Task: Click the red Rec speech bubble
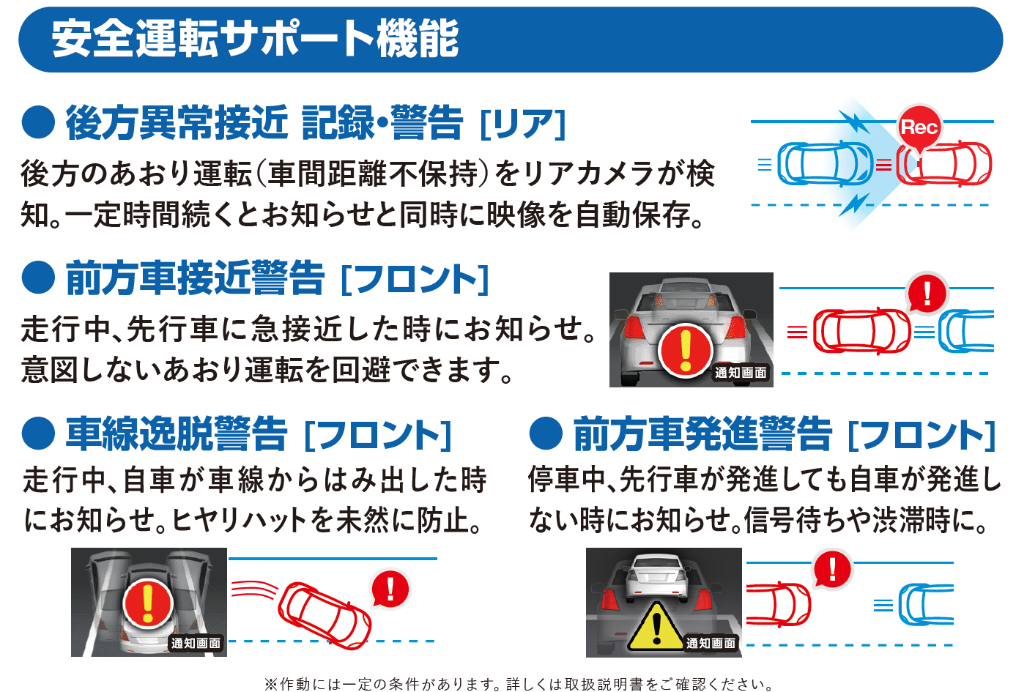tap(919, 127)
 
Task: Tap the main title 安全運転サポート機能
tap(255, 39)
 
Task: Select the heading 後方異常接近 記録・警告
tap(264, 122)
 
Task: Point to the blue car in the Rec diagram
tap(825, 163)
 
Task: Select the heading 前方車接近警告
tap(195, 278)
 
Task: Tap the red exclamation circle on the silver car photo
tap(686, 349)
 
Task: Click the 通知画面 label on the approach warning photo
tap(741, 373)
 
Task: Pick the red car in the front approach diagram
tap(861, 331)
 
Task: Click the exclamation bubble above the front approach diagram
tap(927, 293)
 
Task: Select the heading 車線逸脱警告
tap(177, 434)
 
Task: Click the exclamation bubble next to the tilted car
tap(390, 588)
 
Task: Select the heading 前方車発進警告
tap(702, 434)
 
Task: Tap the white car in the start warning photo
tap(658, 578)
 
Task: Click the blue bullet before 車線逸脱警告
tap(38, 434)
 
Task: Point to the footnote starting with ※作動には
tap(519, 684)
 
